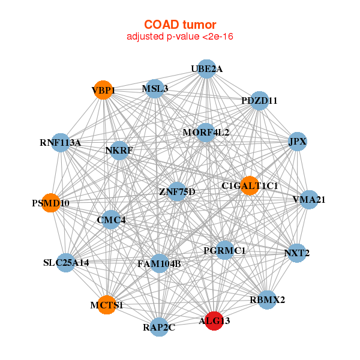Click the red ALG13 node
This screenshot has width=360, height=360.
[x=214, y=320]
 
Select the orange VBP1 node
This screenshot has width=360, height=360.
[x=103, y=90]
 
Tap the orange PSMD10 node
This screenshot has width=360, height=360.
[x=51, y=203]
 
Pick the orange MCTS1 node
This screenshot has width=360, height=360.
[x=107, y=305]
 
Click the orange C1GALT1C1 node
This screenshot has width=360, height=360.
[x=250, y=185]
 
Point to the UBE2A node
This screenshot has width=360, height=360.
[x=206, y=68]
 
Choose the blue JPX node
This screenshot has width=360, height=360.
[x=298, y=142]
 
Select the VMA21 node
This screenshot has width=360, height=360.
[x=308, y=199]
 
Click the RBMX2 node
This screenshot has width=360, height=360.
[x=267, y=299]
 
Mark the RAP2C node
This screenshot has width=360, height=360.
[x=159, y=327]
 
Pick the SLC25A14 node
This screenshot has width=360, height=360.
[x=66, y=262]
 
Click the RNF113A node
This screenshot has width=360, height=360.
[x=60, y=142]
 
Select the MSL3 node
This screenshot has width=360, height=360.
[x=155, y=88]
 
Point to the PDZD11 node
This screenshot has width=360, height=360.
[x=259, y=100]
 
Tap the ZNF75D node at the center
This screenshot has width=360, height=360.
[x=177, y=191]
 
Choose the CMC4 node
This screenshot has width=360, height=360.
[x=111, y=220]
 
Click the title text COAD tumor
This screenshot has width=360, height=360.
[x=180, y=25]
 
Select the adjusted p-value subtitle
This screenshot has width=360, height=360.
[x=180, y=37]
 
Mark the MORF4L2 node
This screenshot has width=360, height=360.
[x=206, y=132]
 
